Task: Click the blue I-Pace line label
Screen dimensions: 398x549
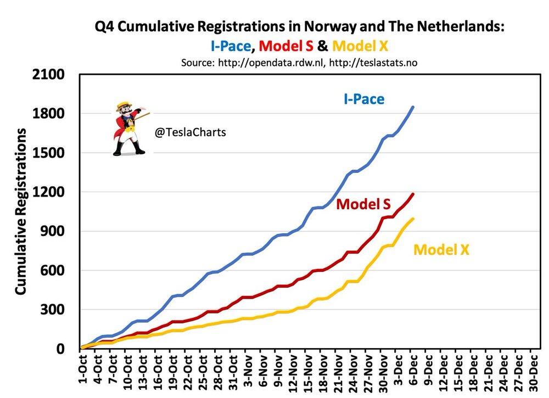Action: point(363,99)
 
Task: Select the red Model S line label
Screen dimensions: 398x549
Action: point(363,204)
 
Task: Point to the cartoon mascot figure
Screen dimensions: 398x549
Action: point(128,127)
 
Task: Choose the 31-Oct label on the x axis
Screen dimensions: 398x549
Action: point(234,372)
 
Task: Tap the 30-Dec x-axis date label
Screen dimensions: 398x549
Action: point(534,372)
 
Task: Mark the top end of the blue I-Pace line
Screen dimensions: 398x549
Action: point(413,107)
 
